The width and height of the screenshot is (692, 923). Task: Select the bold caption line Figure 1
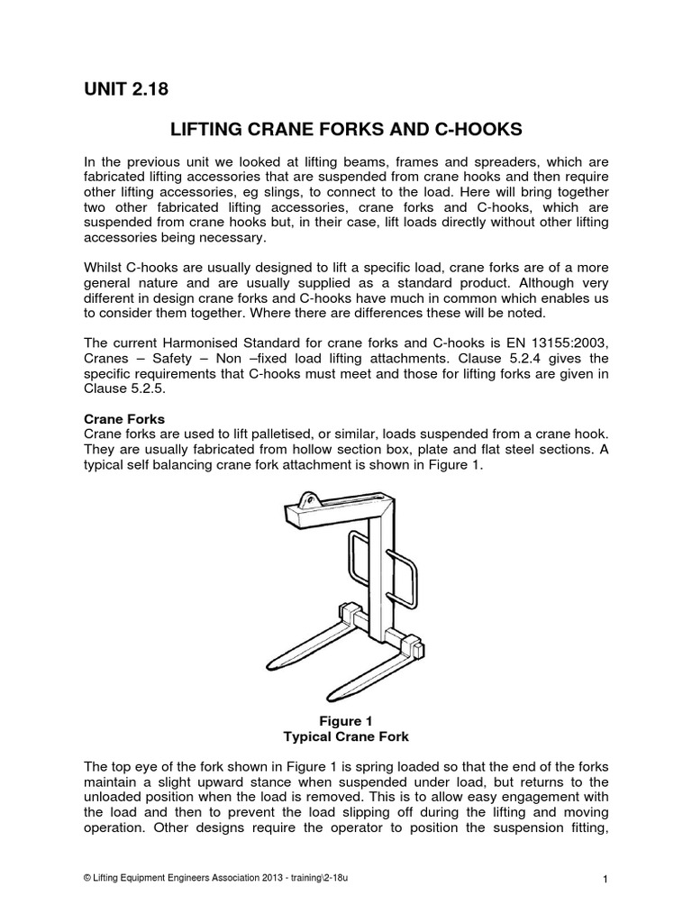pos(347,721)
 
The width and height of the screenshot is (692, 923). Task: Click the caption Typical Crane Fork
pos(347,737)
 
